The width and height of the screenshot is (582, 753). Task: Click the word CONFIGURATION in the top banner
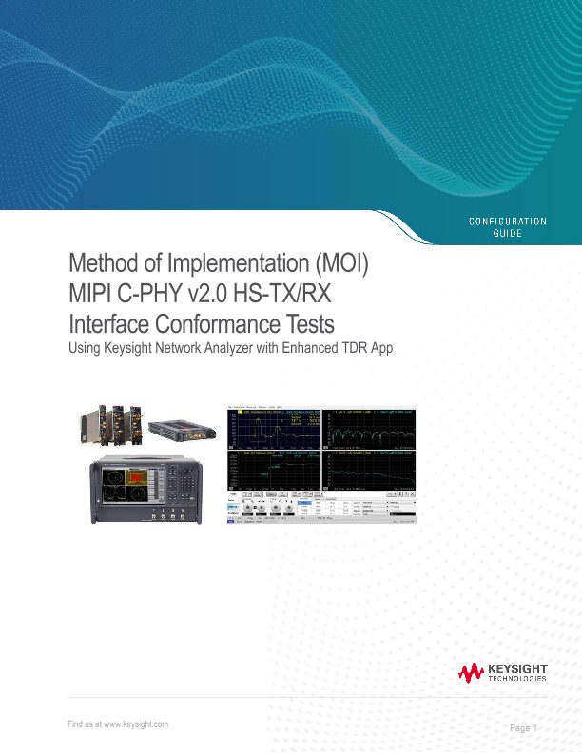[x=508, y=222]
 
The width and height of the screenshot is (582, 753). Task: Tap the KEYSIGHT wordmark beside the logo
[x=517, y=669]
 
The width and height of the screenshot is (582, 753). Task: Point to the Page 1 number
[x=523, y=728]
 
